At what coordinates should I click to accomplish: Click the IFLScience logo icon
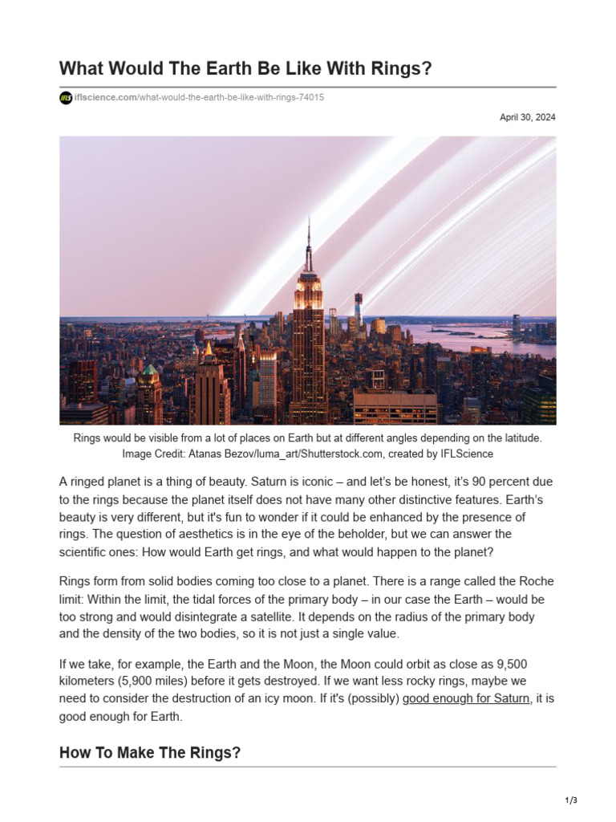tap(66, 98)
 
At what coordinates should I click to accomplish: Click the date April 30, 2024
tap(527, 117)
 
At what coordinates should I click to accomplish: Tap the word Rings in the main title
tap(398, 69)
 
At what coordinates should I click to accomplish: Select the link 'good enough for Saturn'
tap(466, 698)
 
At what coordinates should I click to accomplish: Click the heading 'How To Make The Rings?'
tap(150, 753)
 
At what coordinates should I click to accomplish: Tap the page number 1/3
tap(571, 800)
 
